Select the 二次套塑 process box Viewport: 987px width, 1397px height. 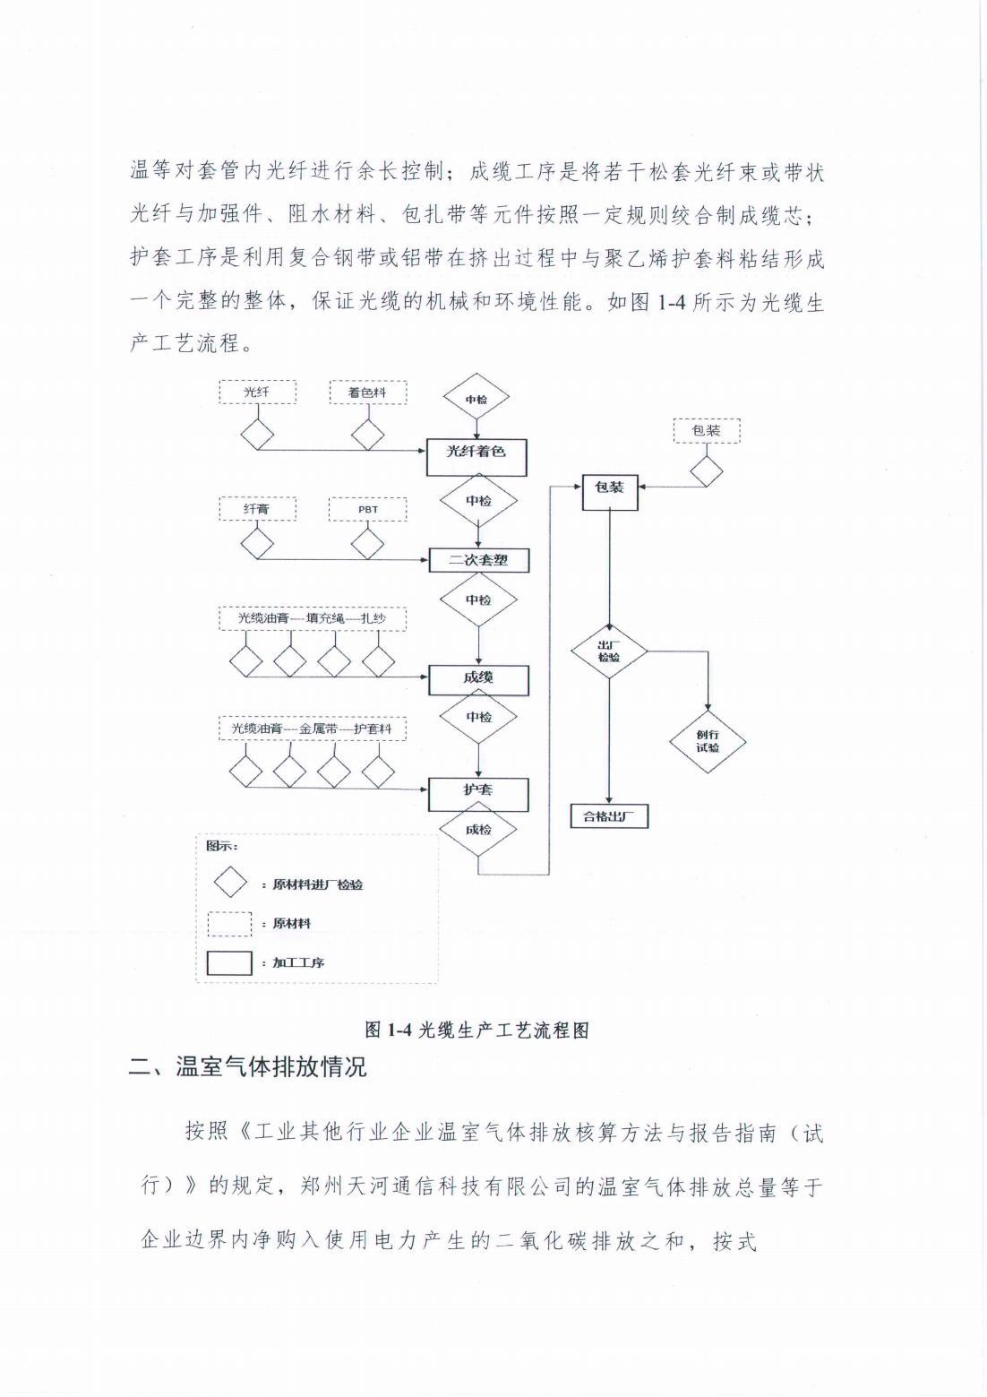[x=478, y=560]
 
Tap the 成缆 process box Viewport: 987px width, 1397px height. [x=478, y=678]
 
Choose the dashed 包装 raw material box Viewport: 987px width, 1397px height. [x=706, y=431]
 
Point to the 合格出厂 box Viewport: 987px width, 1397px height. [x=609, y=816]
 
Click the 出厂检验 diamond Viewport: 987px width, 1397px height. [x=610, y=652]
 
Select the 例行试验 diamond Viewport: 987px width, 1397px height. [x=708, y=740]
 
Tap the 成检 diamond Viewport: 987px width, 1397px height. [x=478, y=830]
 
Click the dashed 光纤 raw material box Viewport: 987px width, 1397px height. [x=258, y=392]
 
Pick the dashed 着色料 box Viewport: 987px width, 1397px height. [x=367, y=392]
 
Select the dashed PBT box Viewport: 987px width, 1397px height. [x=368, y=509]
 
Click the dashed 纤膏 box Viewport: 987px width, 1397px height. [x=258, y=509]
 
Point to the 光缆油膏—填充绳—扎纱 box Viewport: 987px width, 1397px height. [x=312, y=618]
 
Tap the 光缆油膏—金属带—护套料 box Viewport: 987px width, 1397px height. [x=312, y=729]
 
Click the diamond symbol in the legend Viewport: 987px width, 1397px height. [x=230, y=883]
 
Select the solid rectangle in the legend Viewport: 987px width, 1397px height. [x=229, y=962]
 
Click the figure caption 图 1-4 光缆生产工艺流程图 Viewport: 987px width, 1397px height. [x=476, y=1029]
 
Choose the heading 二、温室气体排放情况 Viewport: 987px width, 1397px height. [x=247, y=1067]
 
